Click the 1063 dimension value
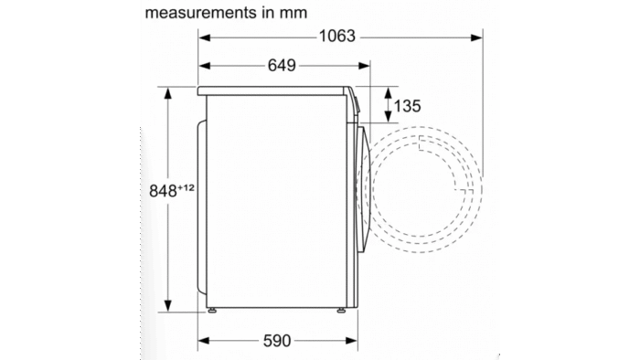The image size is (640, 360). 337,37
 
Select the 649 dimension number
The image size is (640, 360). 282,65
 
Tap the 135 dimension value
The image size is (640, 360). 407,106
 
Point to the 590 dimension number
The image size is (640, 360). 277,341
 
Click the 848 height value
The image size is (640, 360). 163,191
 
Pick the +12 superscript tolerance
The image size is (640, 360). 186,188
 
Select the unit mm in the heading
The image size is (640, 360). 293,14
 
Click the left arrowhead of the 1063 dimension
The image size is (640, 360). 205,37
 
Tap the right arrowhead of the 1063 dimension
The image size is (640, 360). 476,37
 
